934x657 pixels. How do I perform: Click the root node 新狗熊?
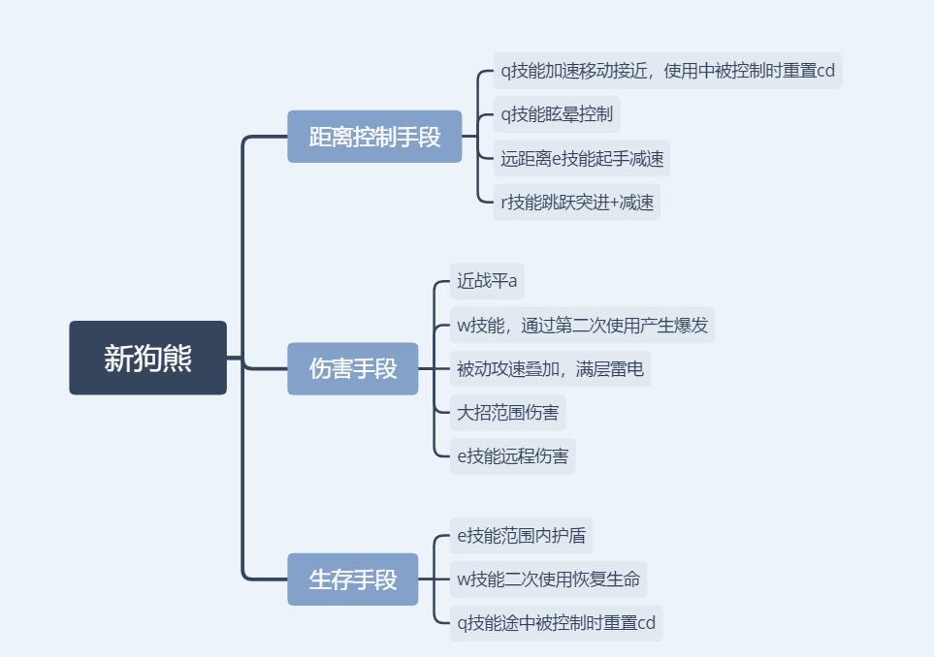[147, 358]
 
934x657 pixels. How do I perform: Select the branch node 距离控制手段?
[374, 137]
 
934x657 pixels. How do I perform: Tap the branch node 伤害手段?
[352, 368]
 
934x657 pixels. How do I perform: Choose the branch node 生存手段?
[352, 579]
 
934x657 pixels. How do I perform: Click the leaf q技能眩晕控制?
[556, 114]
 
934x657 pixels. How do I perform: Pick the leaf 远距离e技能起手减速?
[581, 158]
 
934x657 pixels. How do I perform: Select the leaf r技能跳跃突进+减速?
[576, 202]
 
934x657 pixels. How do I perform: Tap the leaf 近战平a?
[487, 281]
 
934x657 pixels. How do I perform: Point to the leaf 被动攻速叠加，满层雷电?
[550, 368]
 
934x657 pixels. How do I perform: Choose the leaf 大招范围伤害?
[507, 413]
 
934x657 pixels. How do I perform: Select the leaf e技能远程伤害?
[512, 456]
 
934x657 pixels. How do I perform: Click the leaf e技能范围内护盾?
[522, 535]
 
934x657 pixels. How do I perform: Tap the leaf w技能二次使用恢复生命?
[548, 579]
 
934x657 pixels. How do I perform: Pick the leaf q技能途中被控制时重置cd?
[556, 623]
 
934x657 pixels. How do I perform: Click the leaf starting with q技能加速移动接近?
[667, 71]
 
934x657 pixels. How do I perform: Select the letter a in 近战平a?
[512, 282]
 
